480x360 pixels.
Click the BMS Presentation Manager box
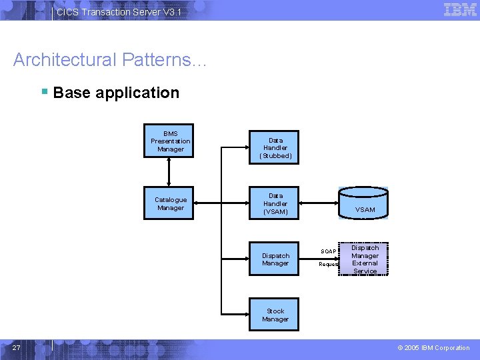170,141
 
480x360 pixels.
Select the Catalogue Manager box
170,203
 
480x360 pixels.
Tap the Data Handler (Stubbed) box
275,147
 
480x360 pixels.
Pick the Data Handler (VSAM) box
275,203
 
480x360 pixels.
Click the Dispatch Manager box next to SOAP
275,259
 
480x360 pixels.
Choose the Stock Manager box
275,315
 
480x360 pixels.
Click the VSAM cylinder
364,203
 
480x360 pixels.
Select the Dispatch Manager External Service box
365,259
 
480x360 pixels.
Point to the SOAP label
328,251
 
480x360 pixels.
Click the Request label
328,264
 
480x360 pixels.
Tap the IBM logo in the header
460,9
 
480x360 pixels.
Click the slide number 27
17,347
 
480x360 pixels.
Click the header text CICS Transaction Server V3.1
118,12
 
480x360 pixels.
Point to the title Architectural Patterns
110,60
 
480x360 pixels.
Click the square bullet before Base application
44,91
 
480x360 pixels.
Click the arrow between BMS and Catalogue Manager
170,172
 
